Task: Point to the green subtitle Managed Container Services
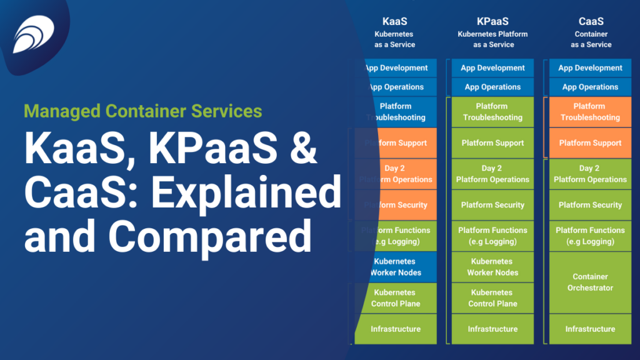click(x=143, y=112)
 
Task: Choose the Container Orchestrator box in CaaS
click(x=591, y=282)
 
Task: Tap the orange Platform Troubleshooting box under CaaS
click(x=591, y=112)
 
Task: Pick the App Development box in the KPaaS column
click(x=492, y=68)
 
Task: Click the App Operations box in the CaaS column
click(x=591, y=87)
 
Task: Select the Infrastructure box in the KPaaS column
click(x=492, y=329)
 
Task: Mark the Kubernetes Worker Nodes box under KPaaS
click(x=492, y=267)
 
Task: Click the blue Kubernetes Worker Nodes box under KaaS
click(x=395, y=267)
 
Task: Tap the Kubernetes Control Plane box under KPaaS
click(x=492, y=298)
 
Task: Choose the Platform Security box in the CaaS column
click(x=591, y=205)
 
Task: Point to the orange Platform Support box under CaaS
click(x=591, y=143)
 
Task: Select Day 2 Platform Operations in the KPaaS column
click(x=492, y=174)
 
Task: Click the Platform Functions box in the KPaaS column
click(x=492, y=236)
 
